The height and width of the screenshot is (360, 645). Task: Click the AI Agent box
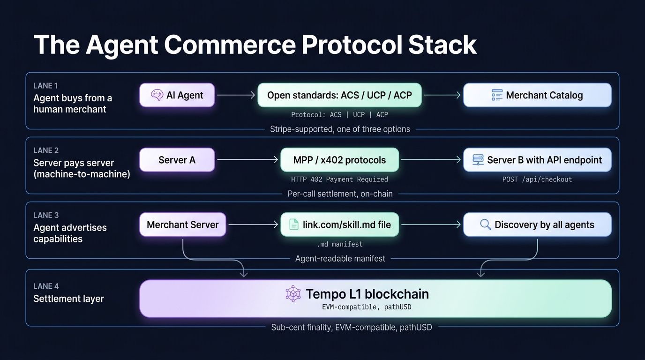177,95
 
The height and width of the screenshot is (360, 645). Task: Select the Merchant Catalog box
537,95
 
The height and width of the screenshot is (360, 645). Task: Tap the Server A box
177,160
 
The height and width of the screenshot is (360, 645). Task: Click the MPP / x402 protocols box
339,160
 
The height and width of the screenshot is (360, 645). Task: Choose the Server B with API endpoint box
537,160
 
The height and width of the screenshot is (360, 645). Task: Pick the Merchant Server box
183,225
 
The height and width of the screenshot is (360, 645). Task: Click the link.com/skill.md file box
339,225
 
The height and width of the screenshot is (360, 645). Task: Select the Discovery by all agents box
537,225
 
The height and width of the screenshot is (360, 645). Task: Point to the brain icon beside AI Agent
157,95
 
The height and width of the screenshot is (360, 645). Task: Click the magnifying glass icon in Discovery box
486,225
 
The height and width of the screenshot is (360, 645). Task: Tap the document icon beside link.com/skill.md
293,225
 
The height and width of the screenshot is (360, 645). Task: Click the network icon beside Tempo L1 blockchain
293,294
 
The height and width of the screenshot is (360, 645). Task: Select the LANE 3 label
46,215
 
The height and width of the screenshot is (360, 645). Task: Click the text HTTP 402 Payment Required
339,179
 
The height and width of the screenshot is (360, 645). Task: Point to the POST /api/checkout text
537,179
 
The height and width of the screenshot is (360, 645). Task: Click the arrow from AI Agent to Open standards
236,95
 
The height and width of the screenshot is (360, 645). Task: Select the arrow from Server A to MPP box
247,160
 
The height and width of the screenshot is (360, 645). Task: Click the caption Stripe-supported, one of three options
340,129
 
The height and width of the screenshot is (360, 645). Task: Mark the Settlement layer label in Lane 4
68,299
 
